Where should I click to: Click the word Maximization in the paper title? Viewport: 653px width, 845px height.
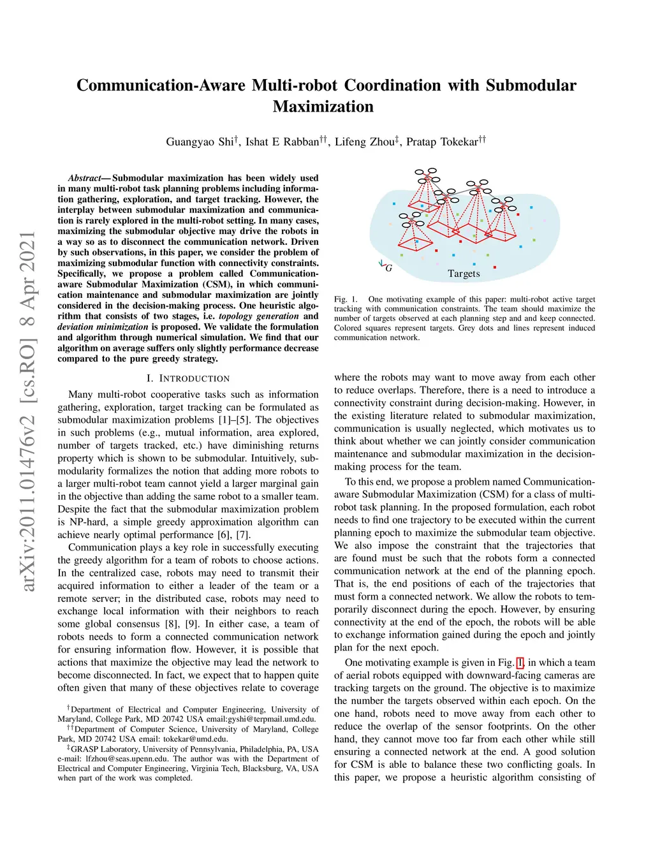(323, 107)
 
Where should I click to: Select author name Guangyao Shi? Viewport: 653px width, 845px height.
(200, 142)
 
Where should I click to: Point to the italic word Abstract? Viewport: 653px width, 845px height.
(84, 178)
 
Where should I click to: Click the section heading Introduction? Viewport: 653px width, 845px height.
(188, 378)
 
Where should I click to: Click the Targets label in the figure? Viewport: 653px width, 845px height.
(464, 274)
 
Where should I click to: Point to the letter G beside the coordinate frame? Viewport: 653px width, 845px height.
(388, 268)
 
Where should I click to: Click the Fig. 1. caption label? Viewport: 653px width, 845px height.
(346, 299)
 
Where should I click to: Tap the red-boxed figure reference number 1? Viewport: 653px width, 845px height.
(520, 663)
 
